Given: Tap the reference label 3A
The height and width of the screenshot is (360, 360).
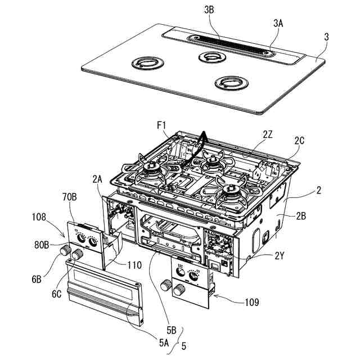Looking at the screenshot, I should point(278,23).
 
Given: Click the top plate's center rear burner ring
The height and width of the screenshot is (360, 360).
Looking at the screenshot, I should point(211,57).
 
